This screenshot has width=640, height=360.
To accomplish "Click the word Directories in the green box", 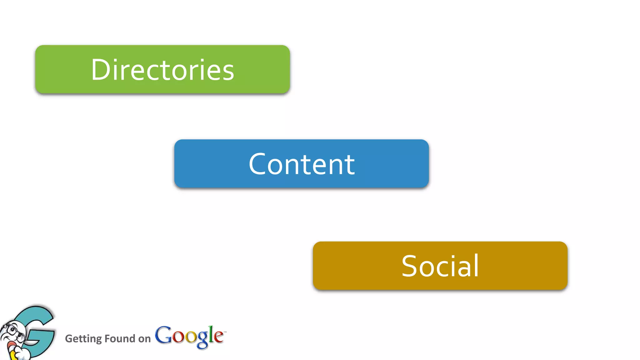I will coord(162,70).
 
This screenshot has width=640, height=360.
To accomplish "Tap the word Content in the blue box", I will coord(302,164).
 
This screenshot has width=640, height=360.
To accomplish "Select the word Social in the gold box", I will coord(440,266).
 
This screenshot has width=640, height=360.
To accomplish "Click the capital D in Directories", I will coord(100,70).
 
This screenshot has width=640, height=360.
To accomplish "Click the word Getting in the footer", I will coord(83,339).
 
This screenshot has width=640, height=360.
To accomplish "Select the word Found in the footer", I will coord(120,338).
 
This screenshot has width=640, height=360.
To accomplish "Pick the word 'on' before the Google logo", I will coord(144,339).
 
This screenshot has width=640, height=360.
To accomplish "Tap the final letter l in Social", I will coord(476,265).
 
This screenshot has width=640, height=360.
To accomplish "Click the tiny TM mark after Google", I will coord(225,332).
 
